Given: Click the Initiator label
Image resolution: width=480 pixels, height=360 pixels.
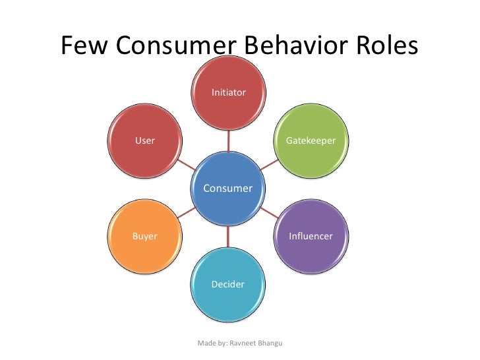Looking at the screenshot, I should point(229,93).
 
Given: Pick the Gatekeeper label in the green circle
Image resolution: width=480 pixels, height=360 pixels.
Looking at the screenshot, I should point(311,141).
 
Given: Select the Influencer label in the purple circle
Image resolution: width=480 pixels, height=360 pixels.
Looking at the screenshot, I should point(311,236).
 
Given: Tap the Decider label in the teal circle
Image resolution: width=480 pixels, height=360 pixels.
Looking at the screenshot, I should point(228,284).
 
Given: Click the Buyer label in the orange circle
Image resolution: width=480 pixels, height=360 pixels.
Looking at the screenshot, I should point(145,236).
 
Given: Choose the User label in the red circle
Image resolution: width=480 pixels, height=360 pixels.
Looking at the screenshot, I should point(145,140).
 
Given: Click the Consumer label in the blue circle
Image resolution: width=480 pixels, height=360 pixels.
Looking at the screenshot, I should point(228,189).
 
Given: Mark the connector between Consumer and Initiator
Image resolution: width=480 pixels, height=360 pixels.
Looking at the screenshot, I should point(229,141).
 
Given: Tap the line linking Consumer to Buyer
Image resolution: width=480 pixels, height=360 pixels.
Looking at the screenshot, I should point(187,212).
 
